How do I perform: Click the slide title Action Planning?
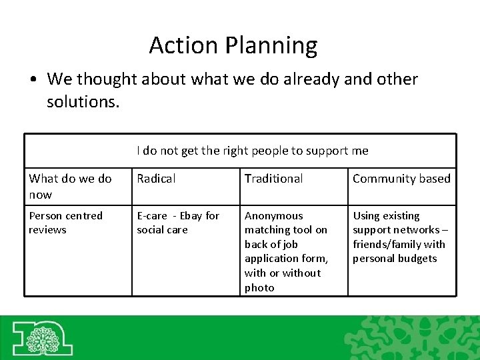tap(233, 45)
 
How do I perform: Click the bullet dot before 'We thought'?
tap(33, 80)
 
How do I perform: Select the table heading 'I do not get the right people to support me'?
tap(252, 151)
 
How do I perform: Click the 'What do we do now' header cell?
tap(70, 186)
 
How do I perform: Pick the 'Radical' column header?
tap(156, 179)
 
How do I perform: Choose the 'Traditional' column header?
tap(273, 179)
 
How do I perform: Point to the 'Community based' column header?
tap(401, 179)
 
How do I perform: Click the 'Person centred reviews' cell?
tap(66, 223)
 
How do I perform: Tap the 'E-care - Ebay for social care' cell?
tap(177, 223)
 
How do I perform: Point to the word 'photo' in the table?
tap(259, 288)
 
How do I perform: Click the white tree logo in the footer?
tap(43, 337)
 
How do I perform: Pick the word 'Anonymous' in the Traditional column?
tap(273, 216)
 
